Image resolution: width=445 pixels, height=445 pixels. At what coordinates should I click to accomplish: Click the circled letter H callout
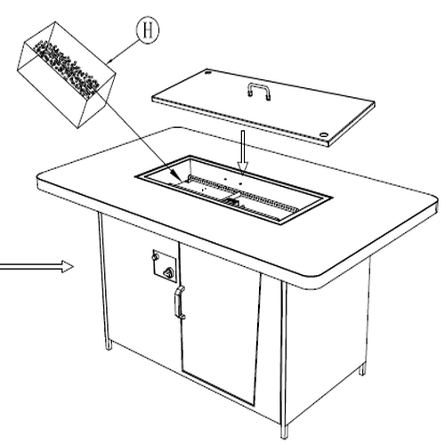click(x=148, y=30)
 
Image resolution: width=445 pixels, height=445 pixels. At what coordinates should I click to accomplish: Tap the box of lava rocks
click(x=66, y=75)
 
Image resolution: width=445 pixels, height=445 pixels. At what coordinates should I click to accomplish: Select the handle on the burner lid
click(x=258, y=91)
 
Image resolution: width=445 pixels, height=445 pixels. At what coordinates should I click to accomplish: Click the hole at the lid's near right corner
click(x=324, y=134)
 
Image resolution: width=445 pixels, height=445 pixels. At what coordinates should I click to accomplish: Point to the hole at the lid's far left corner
click(x=208, y=71)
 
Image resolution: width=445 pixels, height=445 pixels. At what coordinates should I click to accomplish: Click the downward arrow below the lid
click(x=243, y=153)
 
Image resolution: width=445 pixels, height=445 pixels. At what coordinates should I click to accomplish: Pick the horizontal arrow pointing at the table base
click(x=36, y=267)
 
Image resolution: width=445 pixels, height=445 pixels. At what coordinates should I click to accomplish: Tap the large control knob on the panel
click(x=169, y=271)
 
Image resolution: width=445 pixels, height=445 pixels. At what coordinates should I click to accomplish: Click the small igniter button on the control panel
click(x=154, y=256)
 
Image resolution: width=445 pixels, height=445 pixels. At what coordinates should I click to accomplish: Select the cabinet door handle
click(x=180, y=303)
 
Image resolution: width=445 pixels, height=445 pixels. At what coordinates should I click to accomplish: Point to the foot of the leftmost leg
click(x=109, y=345)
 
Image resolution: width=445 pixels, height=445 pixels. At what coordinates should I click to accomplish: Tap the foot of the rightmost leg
click(x=362, y=370)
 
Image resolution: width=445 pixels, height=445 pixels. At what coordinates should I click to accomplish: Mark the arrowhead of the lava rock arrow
click(x=176, y=176)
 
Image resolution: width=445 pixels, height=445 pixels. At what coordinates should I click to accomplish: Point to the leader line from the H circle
click(x=123, y=51)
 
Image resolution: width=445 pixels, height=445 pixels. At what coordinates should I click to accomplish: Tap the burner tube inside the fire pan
click(x=244, y=194)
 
